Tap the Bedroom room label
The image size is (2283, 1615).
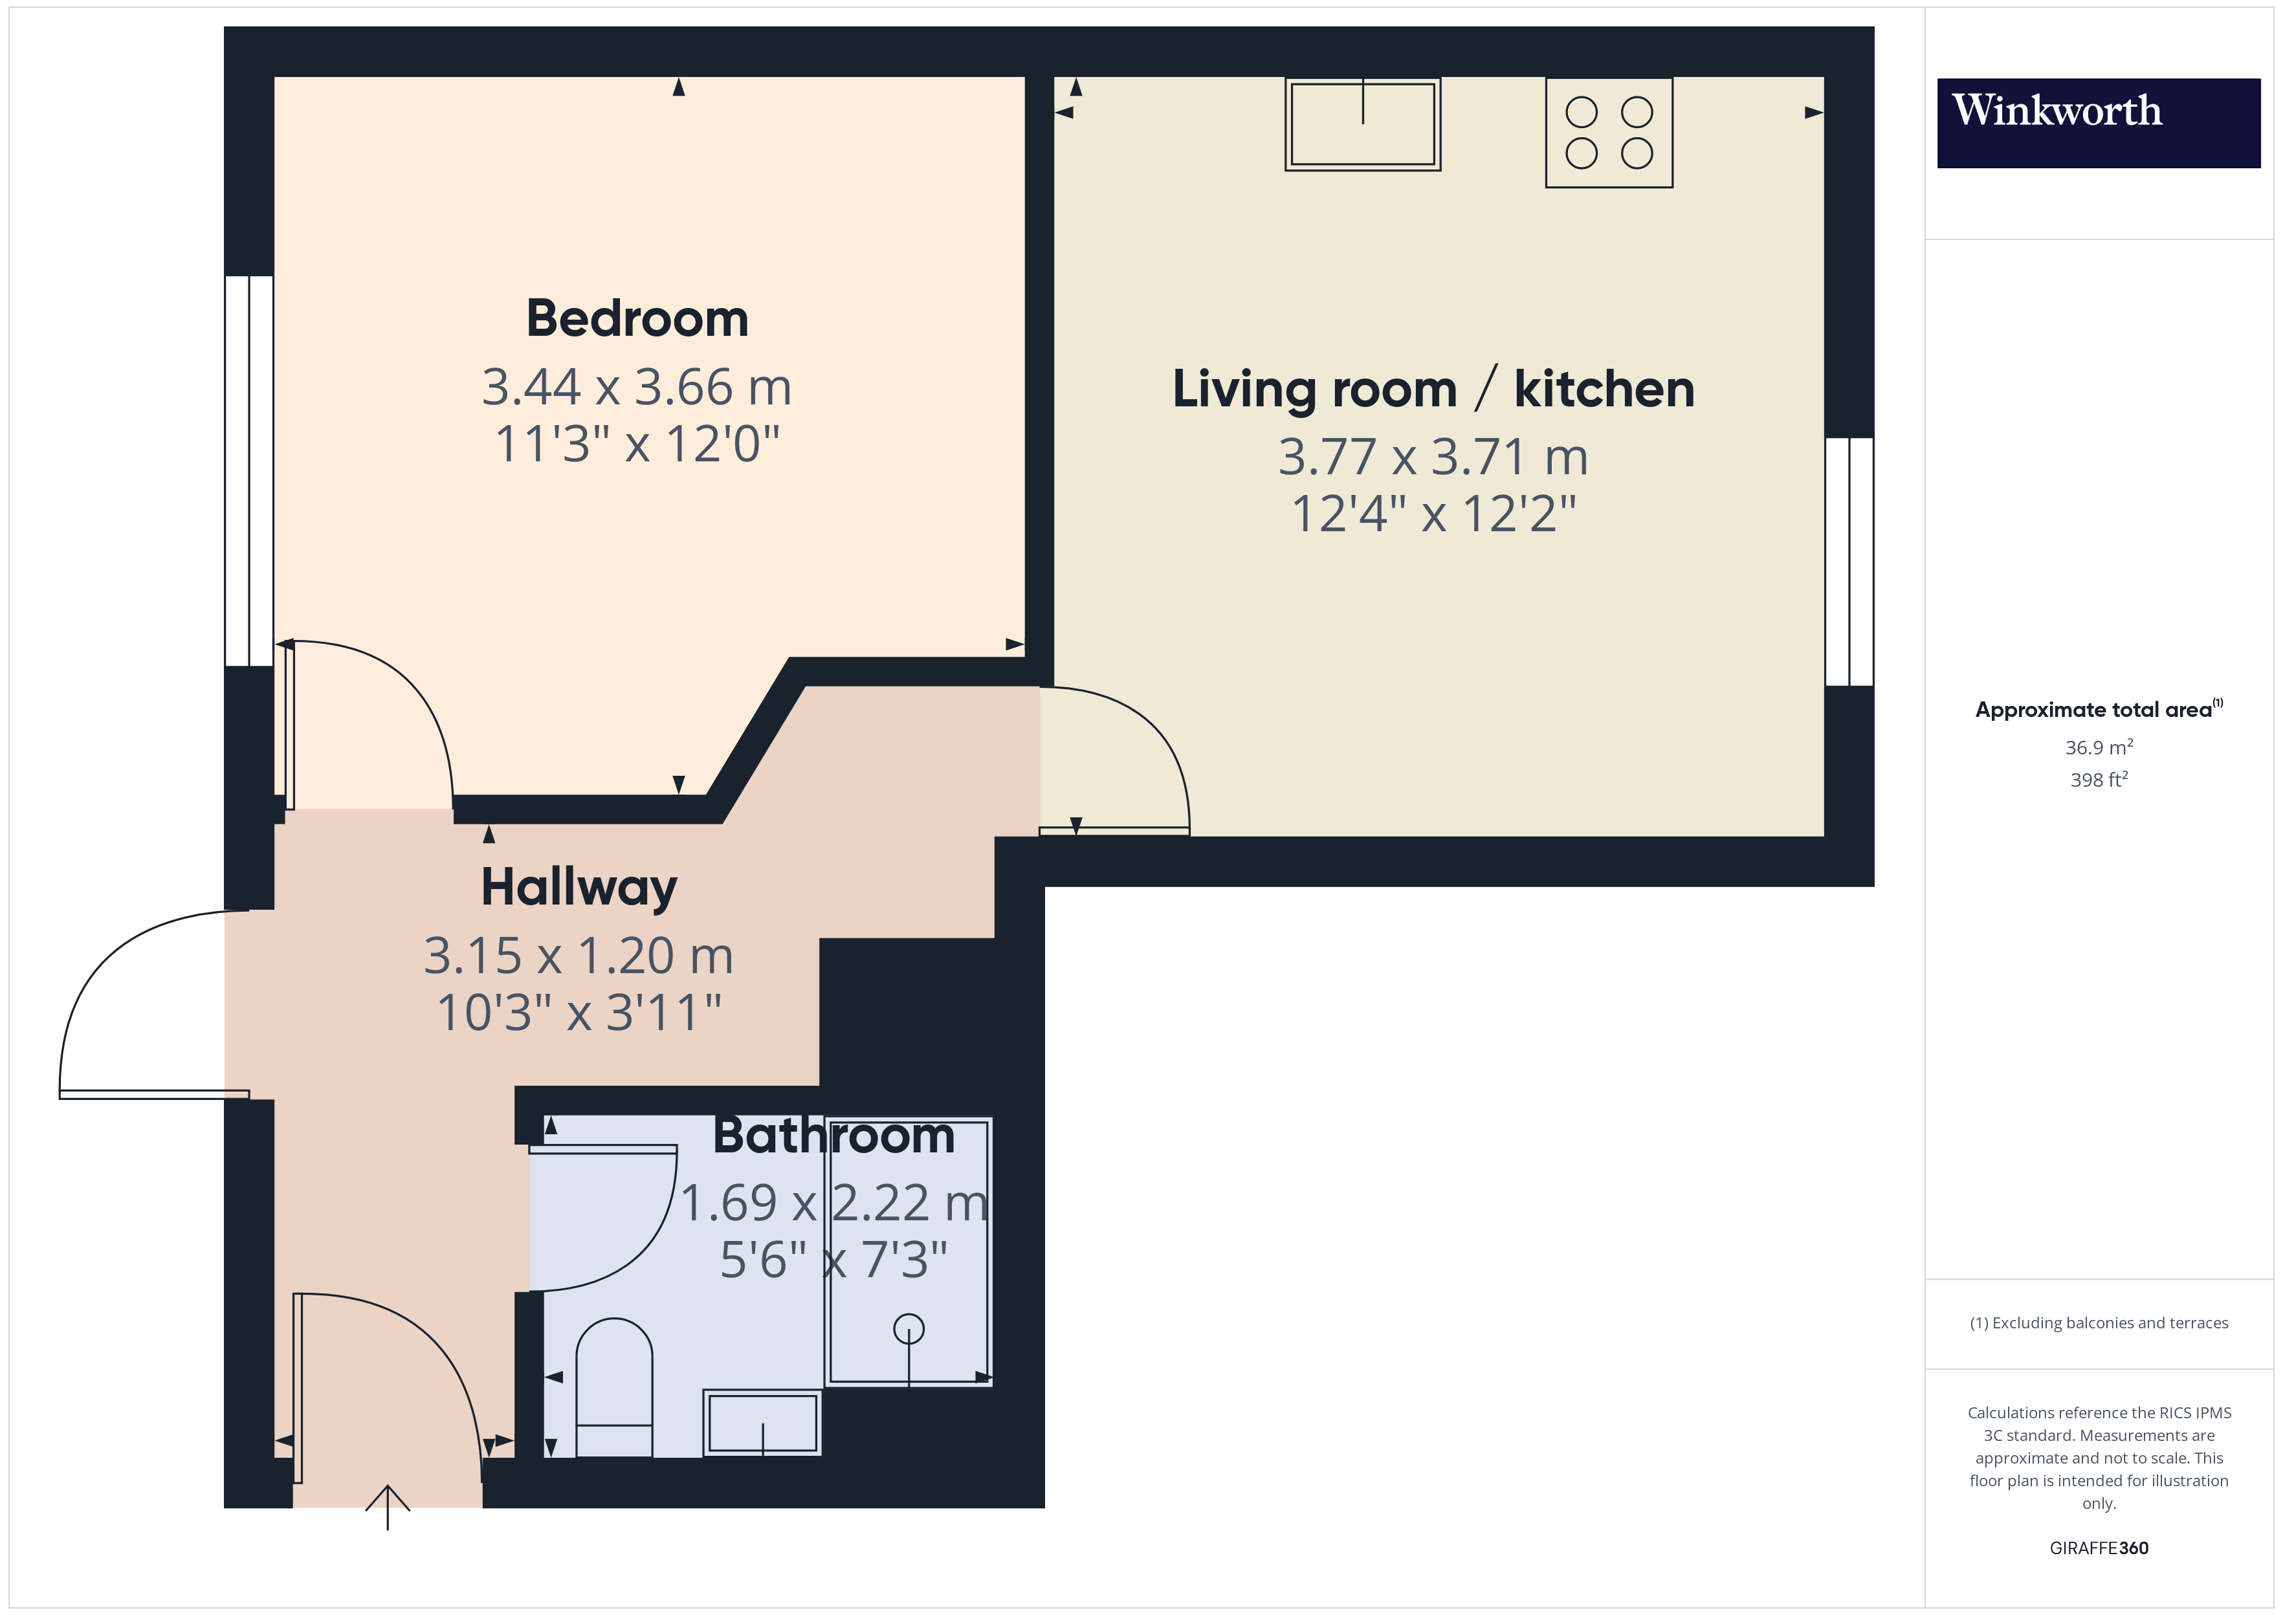coord(636,319)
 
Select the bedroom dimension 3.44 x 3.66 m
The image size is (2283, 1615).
coord(636,387)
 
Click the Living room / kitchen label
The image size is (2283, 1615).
coord(1433,389)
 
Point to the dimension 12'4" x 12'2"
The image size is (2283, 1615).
coord(1433,514)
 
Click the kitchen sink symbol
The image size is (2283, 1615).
coord(1362,124)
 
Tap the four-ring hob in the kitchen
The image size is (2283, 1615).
coord(1608,132)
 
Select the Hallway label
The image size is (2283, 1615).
coord(579,887)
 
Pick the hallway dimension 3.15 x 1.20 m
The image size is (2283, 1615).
coord(579,956)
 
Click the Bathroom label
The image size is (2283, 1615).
coord(833,1136)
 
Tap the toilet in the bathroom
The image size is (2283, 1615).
coord(613,1387)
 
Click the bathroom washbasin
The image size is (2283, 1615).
coord(762,1422)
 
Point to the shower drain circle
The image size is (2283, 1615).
coord(908,1328)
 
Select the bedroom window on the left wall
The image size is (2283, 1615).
coord(248,470)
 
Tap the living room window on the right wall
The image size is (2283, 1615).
coord(1849,562)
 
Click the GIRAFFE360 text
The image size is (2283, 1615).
coord(2098,1548)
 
